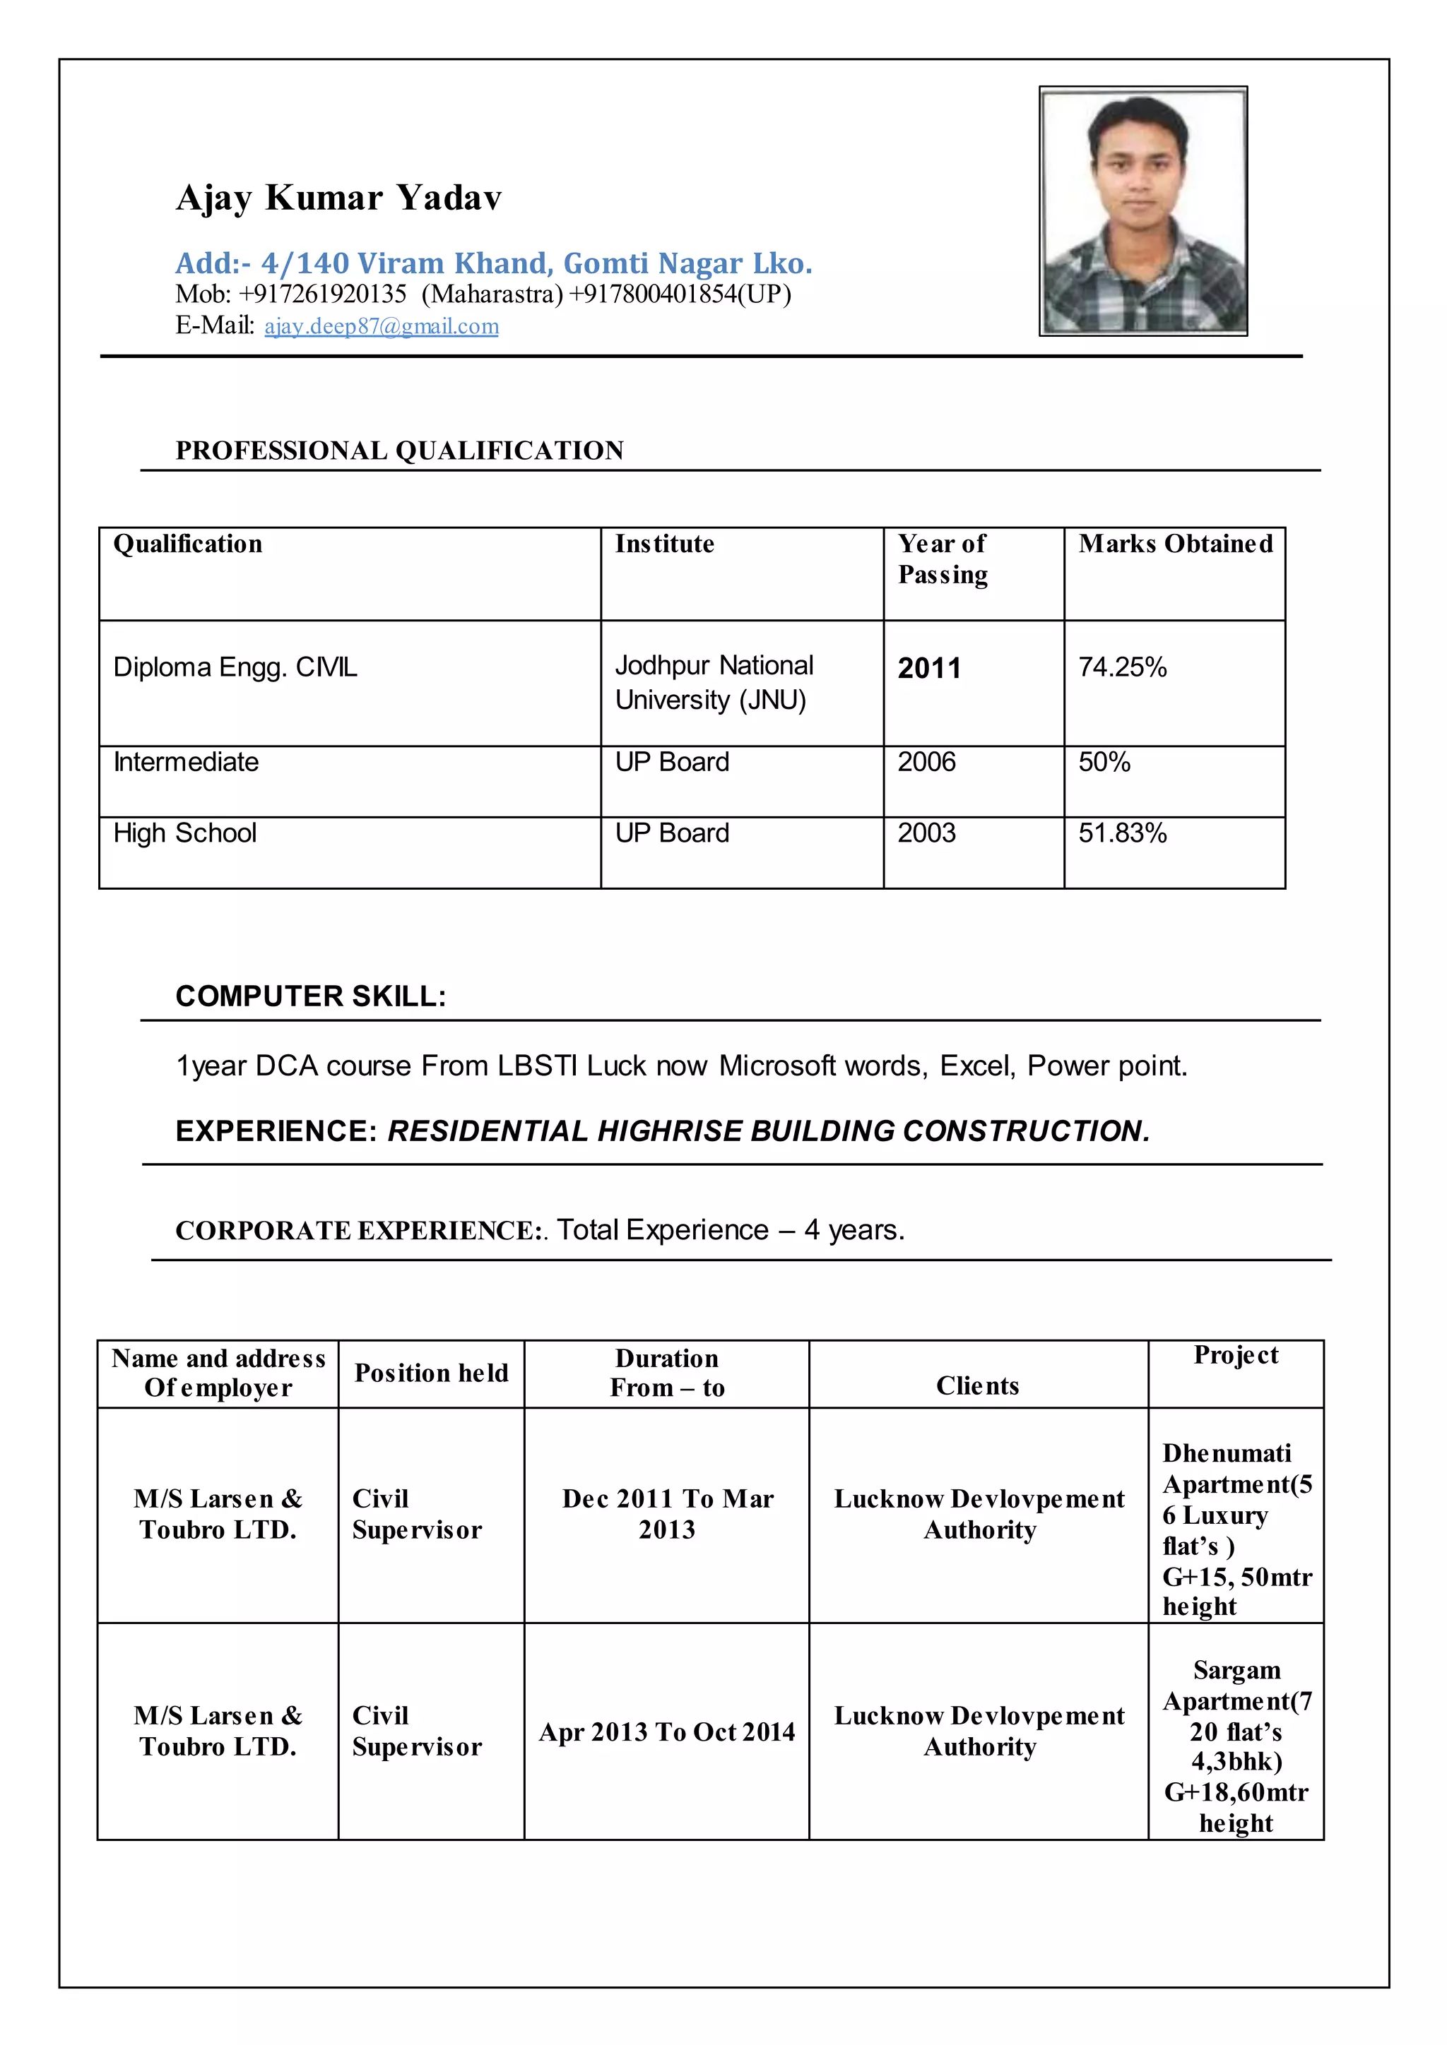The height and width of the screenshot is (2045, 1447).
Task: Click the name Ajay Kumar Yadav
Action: tap(338, 198)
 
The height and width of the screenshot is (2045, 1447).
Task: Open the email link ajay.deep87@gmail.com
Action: tap(382, 326)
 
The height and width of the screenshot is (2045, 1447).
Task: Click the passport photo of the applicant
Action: tap(1143, 211)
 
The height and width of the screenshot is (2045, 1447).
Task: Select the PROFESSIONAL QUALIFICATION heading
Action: tap(399, 451)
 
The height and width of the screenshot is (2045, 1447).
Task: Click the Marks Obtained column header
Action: tap(1175, 544)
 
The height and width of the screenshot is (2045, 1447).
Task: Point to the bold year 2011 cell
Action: tap(929, 668)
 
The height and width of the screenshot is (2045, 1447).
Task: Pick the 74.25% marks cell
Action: tap(1123, 667)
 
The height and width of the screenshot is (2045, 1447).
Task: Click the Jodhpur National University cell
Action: tap(714, 682)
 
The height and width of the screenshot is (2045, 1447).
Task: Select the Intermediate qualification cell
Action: tap(187, 763)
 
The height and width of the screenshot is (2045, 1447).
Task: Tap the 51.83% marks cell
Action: tap(1123, 834)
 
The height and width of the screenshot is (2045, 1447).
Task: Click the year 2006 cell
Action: tap(927, 763)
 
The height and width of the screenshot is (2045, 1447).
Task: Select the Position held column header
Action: tap(431, 1373)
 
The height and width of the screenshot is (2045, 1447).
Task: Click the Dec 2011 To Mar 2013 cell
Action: tap(668, 1514)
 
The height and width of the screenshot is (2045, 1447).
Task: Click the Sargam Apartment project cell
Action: tap(1236, 1746)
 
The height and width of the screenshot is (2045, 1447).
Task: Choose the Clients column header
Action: tap(977, 1386)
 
